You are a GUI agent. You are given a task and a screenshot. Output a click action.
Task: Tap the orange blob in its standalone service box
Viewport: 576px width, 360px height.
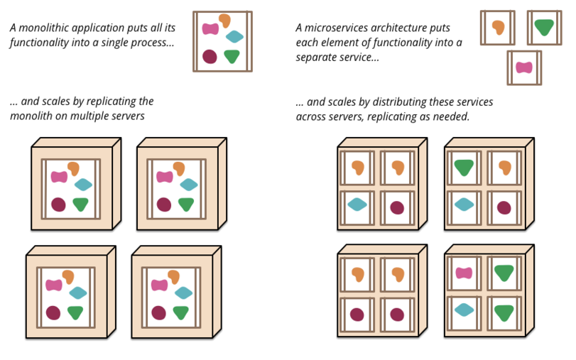(x=498, y=27)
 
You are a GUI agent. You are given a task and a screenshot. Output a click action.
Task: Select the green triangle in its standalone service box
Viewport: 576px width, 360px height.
(x=544, y=27)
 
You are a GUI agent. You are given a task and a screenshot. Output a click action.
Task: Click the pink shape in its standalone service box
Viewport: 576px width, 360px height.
(x=524, y=67)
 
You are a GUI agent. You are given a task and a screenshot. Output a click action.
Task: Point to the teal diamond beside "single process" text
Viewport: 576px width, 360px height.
(x=234, y=36)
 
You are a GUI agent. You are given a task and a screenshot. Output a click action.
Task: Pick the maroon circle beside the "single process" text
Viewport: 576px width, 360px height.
(x=210, y=57)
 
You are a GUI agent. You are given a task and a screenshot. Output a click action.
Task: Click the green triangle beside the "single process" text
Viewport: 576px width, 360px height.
(x=232, y=57)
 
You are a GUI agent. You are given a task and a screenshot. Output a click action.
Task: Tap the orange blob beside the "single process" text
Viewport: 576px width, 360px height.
(x=224, y=21)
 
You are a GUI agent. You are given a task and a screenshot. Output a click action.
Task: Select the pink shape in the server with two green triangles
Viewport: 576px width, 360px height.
(x=464, y=273)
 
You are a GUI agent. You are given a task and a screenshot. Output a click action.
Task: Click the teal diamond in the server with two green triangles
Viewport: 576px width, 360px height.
(x=464, y=310)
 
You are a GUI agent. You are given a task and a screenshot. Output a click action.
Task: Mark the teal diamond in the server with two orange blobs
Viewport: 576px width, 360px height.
(x=357, y=204)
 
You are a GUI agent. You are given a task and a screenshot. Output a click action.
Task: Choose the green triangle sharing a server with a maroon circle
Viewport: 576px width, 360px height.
(x=464, y=167)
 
